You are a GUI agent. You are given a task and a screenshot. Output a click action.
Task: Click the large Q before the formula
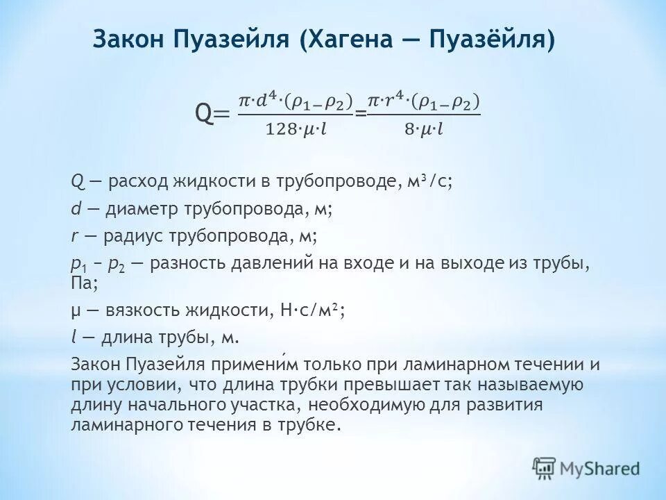point(205,112)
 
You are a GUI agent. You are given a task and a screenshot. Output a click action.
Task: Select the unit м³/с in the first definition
point(429,183)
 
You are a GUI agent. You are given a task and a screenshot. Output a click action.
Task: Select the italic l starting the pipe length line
point(74,337)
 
